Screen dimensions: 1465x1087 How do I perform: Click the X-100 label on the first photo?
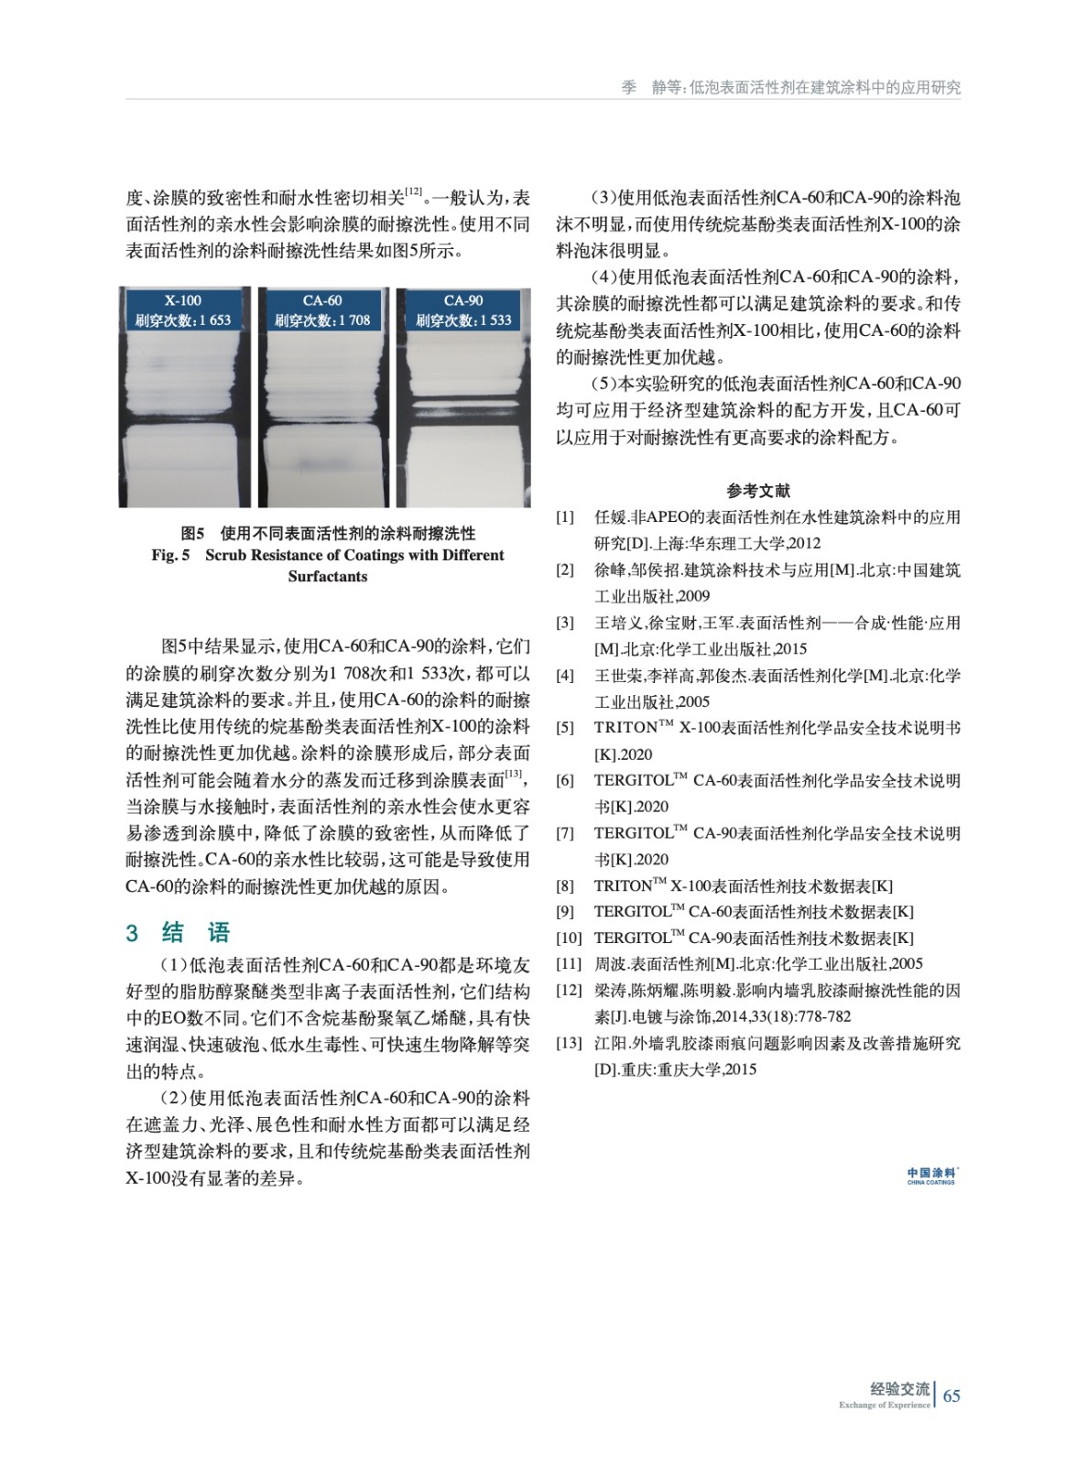click(x=183, y=300)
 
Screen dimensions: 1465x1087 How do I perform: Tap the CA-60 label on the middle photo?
click(x=322, y=300)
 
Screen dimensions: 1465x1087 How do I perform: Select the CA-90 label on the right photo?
click(x=462, y=300)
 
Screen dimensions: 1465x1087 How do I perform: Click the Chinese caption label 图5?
click(x=192, y=533)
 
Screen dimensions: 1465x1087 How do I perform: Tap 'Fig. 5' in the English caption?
click(x=171, y=555)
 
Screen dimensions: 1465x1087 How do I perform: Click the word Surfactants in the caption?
click(x=327, y=577)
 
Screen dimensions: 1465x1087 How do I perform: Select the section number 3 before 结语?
click(x=132, y=933)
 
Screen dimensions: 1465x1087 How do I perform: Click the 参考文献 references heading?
click(x=758, y=491)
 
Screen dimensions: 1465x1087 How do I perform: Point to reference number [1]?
click(x=565, y=517)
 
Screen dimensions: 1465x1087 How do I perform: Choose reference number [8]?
click(x=565, y=885)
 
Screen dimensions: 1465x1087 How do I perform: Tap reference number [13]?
click(x=569, y=1043)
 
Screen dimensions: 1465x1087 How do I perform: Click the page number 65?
click(x=951, y=1395)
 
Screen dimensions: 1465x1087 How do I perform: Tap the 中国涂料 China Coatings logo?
click(x=930, y=1176)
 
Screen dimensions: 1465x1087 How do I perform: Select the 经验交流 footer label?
click(x=899, y=1389)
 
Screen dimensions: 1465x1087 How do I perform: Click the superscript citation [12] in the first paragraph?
click(x=413, y=192)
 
